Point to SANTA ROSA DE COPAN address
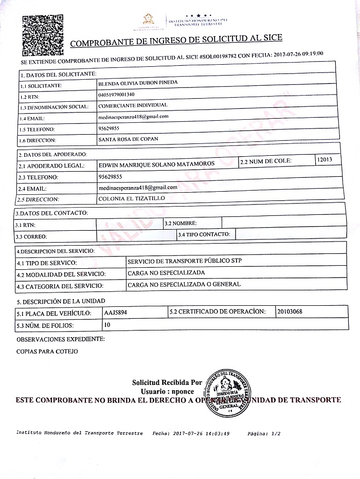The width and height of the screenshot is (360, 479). point(128,139)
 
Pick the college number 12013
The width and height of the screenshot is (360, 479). point(325,160)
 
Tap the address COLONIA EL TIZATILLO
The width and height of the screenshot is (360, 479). point(131,198)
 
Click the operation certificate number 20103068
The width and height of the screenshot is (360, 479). point(291,311)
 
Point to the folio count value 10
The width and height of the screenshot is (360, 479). point(107,324)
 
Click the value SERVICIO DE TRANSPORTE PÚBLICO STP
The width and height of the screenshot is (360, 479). point(185,261)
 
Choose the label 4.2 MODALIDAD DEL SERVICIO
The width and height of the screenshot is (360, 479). point(61,274)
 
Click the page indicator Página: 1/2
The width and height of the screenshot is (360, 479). point(264,434)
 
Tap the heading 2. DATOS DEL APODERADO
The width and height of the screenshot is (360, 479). point(52,154)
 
